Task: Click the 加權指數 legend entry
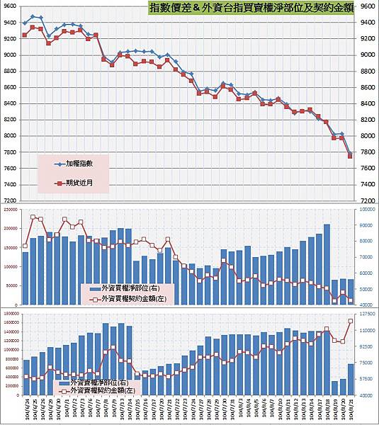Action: coord(78,164)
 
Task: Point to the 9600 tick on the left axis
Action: coord(10,6)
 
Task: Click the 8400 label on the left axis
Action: coord(10,103)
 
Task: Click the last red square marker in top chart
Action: coord(351,157)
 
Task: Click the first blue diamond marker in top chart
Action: coord(25,23)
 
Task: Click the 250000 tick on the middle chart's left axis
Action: coord(12,210)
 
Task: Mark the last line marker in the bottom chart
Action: coord(351,321)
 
